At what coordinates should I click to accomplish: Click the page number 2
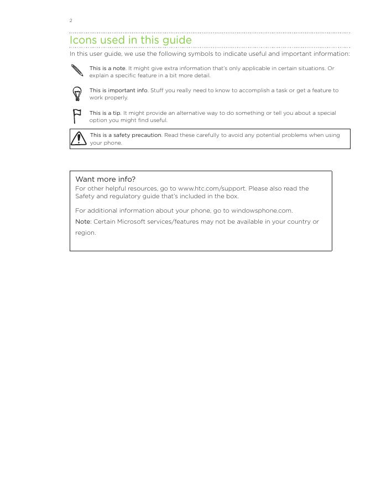click(71, 20)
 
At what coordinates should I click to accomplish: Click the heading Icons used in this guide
click(130, 40)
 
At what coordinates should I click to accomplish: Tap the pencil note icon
click(77, 71)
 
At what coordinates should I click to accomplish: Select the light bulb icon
click(77, 93)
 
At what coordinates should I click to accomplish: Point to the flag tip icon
click(77, 116)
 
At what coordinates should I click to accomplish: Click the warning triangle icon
click(79, 138)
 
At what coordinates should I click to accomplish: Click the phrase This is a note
click(107, 68)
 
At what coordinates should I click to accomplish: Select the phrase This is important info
click(118, 91)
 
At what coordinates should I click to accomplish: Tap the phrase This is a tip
click(105, 113)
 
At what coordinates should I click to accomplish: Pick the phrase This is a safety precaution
click(126, 135)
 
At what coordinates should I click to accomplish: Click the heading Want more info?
click(105, 179)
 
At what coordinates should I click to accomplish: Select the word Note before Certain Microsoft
click(82, 221)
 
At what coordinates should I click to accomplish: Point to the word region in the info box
click(85, 233)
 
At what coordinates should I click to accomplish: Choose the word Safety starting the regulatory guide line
click(85, 196)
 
